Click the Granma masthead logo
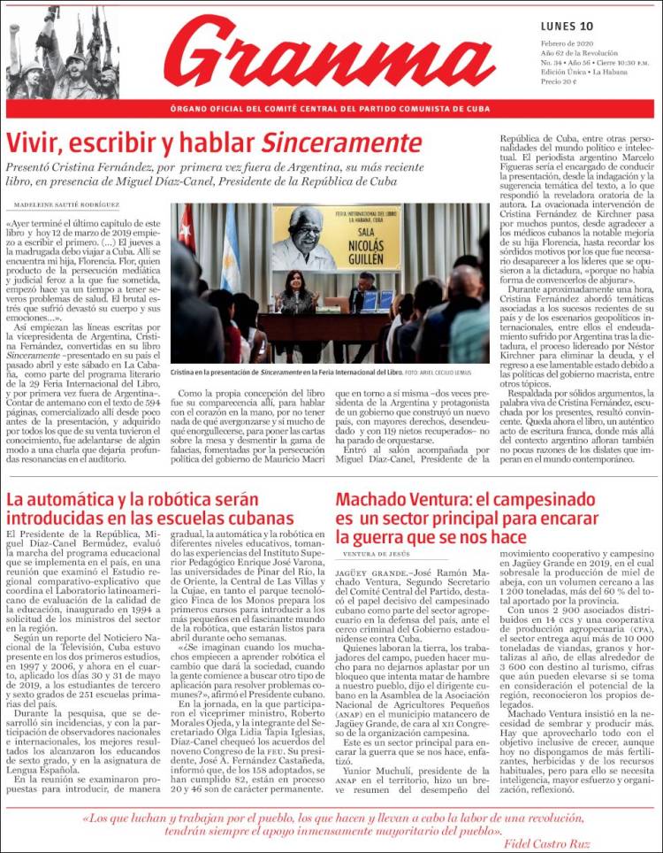click(329, 53)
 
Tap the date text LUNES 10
click(567, 25)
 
